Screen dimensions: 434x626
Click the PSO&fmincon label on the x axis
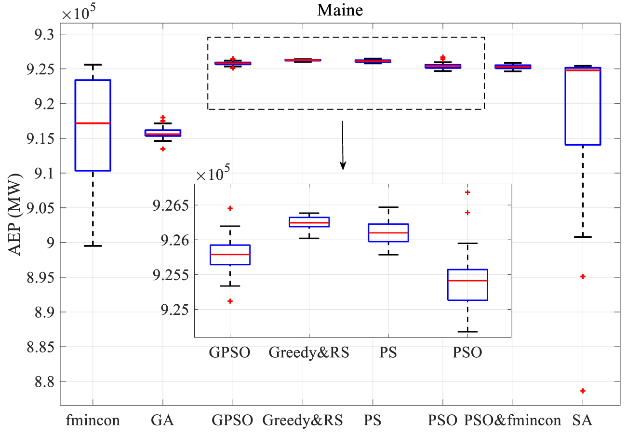coord(512,420)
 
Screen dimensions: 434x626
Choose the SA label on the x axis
coord(582,420)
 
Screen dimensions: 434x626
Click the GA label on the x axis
coord(162,420)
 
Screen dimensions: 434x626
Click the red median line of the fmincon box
coord(93,123)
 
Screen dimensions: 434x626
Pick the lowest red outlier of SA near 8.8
coord(583,391)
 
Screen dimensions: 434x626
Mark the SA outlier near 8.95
coord(583,276)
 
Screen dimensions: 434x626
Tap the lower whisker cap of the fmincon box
coord(93,246)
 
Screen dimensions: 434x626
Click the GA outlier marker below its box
coord(163,149)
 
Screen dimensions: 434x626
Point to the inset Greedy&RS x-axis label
coord(309,353)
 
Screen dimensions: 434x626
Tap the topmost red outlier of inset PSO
coord(467,192)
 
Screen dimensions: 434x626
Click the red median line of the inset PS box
coord(388,233)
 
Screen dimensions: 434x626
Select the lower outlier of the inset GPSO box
coord(230,301)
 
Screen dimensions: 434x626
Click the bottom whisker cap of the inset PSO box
coord(467,332)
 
